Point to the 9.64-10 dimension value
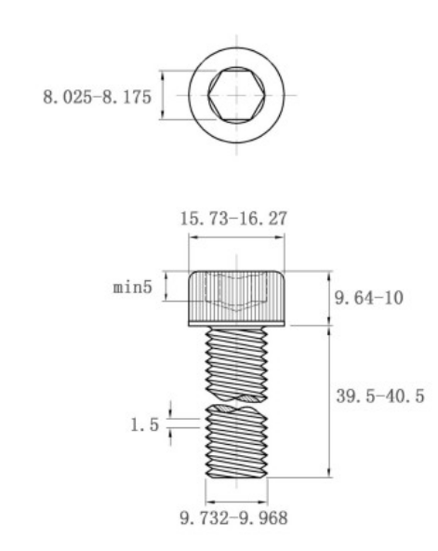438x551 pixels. tap(367, 298)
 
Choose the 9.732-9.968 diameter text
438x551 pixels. tap(236, 516)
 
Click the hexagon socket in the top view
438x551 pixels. tap(236, 96)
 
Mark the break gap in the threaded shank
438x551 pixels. tap(236, 402)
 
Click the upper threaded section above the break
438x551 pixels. tap(236, 363)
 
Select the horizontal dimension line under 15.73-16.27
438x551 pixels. tap(236, 238)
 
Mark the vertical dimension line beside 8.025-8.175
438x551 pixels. tap(162, 96)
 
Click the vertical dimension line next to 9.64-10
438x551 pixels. tap(329, 298)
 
